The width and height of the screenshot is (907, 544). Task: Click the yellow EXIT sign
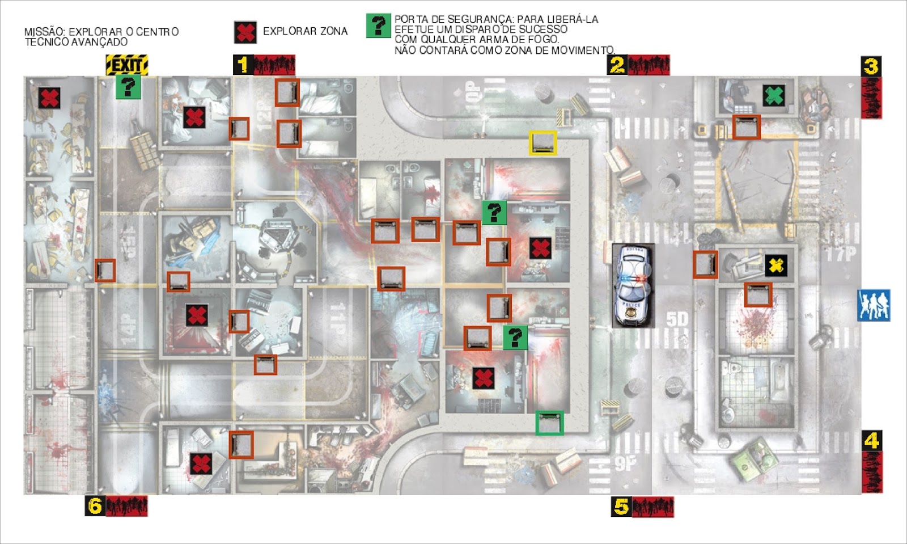[127, 65]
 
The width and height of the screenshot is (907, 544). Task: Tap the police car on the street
[633, 285]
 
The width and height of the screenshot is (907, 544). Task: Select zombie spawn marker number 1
[264, 65]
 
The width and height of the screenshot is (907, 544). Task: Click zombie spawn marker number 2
[639, 65]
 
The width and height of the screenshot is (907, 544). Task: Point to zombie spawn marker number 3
[871, 87]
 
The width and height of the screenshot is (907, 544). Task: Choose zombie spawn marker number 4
[872, 462]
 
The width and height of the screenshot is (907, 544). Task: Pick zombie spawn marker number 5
[643, 507]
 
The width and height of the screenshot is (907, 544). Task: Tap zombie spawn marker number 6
[116, 505]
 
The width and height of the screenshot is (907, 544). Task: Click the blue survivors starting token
[874, 305]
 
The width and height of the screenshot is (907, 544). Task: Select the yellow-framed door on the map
[542, 142]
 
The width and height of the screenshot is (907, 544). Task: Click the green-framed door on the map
[549, 423]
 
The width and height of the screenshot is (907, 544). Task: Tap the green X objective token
[774, 95]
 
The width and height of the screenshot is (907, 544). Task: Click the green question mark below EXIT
[128, 87]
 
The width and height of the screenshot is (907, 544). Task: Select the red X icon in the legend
[245, 32]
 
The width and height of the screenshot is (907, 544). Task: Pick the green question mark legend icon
[378, 26]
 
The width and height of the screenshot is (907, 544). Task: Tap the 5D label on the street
[677, 319]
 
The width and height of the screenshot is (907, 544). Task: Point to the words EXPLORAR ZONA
[305, 31]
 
